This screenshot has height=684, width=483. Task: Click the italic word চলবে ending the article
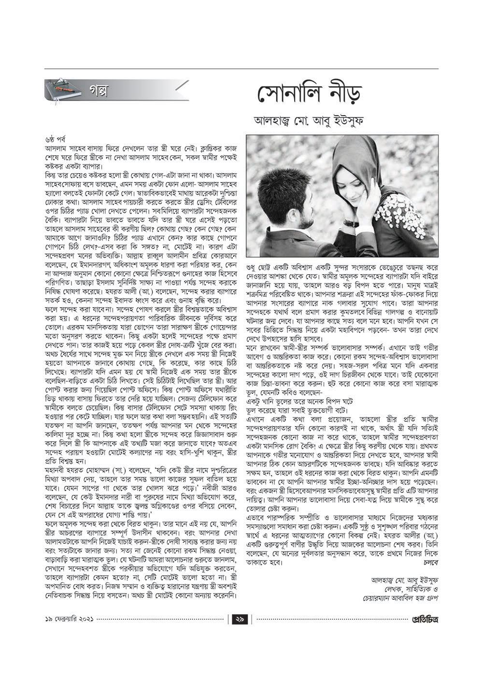(x=430, y=563)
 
